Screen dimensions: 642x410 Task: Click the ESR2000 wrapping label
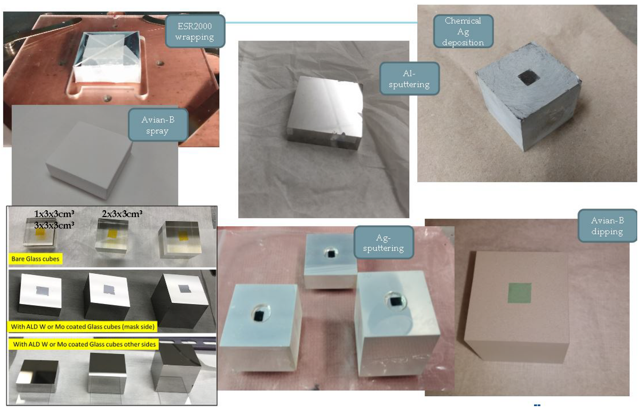(x=195, y=31)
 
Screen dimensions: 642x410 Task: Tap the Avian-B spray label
(x=158, y=125)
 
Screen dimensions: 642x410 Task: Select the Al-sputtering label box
(x=409, y=79)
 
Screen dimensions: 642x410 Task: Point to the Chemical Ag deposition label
(x=463, y=31)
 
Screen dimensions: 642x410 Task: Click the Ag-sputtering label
(x=384, y=242)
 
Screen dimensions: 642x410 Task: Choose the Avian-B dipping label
(x=607, y=226)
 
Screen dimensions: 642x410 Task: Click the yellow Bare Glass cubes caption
(x=35, y=259)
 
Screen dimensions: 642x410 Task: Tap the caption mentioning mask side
(x=83, y=327)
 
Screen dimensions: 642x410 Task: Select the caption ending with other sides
(x=84, y=344)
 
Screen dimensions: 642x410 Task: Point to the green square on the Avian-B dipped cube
(x=520, y=293)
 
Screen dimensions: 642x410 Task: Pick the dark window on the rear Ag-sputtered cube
(x=331, y=254)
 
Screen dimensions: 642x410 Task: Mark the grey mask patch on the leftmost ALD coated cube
(x=41, y=290)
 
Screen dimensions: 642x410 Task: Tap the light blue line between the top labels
(x=321, y=22)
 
